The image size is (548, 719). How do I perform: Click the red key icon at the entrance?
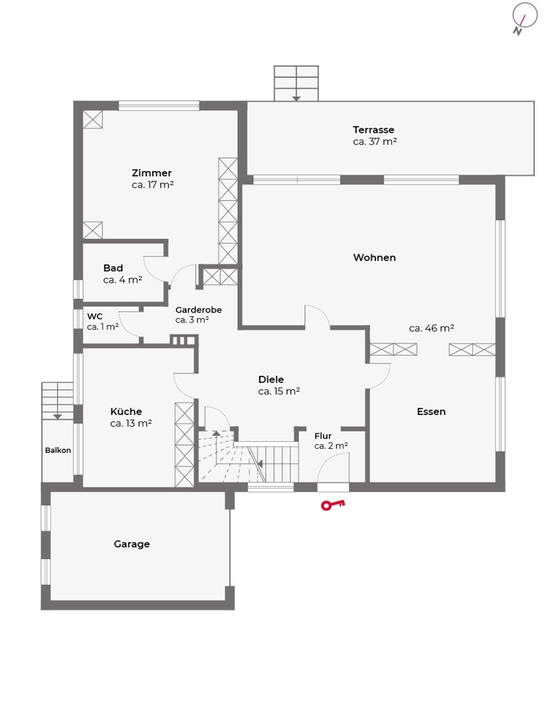pos(332,505)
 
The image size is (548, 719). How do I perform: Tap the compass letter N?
pos(517,31)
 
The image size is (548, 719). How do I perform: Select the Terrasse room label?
pos(373,130)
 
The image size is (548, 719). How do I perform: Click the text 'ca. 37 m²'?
pos(375,141)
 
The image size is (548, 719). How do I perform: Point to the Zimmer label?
pos(151,173)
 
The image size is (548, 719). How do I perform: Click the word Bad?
pos(113,268)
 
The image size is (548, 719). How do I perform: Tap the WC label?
pos(95,317)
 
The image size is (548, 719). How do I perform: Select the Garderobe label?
pos(198,310)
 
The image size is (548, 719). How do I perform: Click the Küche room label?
pos(126,411)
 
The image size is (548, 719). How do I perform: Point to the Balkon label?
pos(58,450)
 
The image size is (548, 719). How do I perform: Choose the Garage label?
pos(132,544)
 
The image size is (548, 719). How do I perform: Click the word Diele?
pos(271,379)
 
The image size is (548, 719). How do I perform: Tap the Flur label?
pos(323,436)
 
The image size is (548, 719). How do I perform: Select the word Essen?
pos(431,411)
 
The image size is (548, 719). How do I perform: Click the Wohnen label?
pos(374,258)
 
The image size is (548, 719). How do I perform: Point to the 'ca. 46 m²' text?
pos(431,328)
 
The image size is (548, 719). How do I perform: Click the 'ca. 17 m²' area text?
pos(152,185)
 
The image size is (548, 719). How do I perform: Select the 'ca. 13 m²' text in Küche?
pos(131,423)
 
